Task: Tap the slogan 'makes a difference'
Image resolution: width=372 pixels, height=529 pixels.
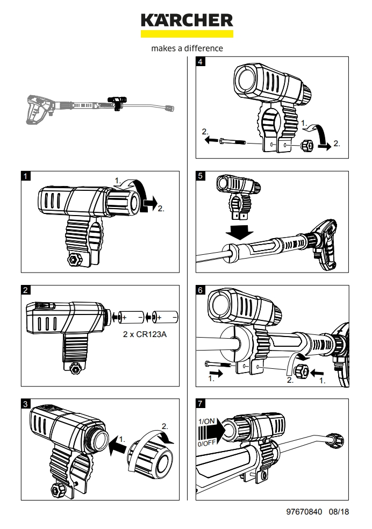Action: [187, 48]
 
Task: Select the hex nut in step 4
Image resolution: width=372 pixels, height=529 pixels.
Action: [308, 145]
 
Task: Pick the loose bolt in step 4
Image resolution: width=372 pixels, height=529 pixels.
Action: [232, 142]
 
